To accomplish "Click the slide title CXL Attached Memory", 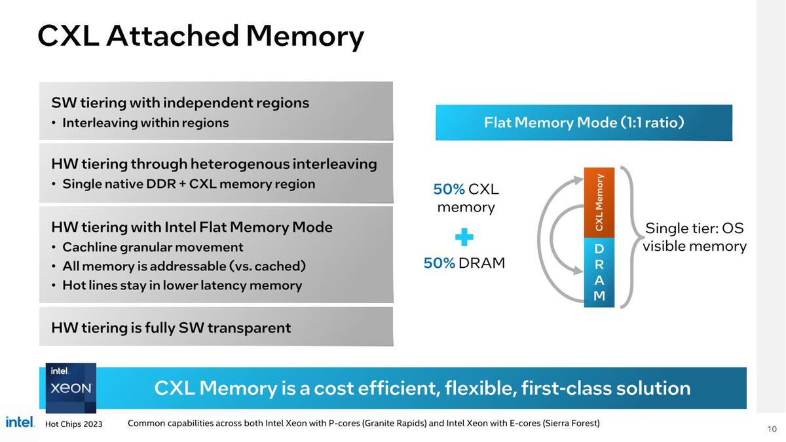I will (x=200, y=36).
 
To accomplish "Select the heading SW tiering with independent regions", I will (x=180, y=103).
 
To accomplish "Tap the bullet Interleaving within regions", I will (x=145, y=123).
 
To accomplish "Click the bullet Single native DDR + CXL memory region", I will (x=189, y=184).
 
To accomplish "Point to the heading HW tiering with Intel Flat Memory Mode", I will (x=192, y=227).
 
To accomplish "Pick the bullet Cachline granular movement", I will (x=153, y=247).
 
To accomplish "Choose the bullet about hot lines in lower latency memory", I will (x=182, y=285).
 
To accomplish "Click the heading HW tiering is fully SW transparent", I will (x=171, y=327).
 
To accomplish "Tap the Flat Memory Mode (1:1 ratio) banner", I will (x=584, y=122).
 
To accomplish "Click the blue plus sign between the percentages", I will (x=464, y=237).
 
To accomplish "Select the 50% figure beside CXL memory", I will (x=449, y=189).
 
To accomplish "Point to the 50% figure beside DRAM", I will (x=439, y=263).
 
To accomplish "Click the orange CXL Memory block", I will (x=599, y=202).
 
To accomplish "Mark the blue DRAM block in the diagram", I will (x=599, y=272).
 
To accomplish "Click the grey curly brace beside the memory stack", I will (x=628, y=237).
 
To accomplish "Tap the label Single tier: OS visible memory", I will (x=694, y=237).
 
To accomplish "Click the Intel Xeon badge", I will (x=71, y=388).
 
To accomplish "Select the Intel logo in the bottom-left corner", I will (x=20, y=422).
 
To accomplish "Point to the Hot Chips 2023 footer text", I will (x=73, y=424).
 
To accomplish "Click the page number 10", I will (x=771, y=429).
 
